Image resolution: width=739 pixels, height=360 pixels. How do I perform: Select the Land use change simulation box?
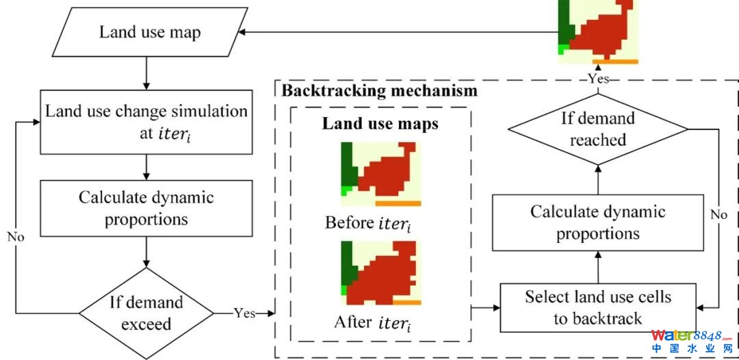(146, 121)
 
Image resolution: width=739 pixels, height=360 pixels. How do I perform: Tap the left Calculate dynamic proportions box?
(146, 209)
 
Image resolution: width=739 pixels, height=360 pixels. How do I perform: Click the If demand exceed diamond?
(146, 313)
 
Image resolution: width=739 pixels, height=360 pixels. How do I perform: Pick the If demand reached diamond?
(597, 129)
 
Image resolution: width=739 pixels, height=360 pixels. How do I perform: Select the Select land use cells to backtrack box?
(597, 307)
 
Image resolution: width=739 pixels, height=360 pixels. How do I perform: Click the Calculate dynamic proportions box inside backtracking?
(597, 222)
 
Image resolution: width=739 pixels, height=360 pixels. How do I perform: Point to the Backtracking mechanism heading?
(380, 90)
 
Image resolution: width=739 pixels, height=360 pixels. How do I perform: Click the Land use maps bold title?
(380, 124)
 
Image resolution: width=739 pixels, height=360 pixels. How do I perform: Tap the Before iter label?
(369, 223)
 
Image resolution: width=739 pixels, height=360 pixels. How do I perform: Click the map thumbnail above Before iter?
(381, 174)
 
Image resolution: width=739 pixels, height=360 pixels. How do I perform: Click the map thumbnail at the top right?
(598, 31)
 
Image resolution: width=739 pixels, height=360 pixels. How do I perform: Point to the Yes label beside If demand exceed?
(244, 313)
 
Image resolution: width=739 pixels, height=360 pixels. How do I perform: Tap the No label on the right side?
(718, 215)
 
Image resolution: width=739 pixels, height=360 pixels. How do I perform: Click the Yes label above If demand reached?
(597, 78)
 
